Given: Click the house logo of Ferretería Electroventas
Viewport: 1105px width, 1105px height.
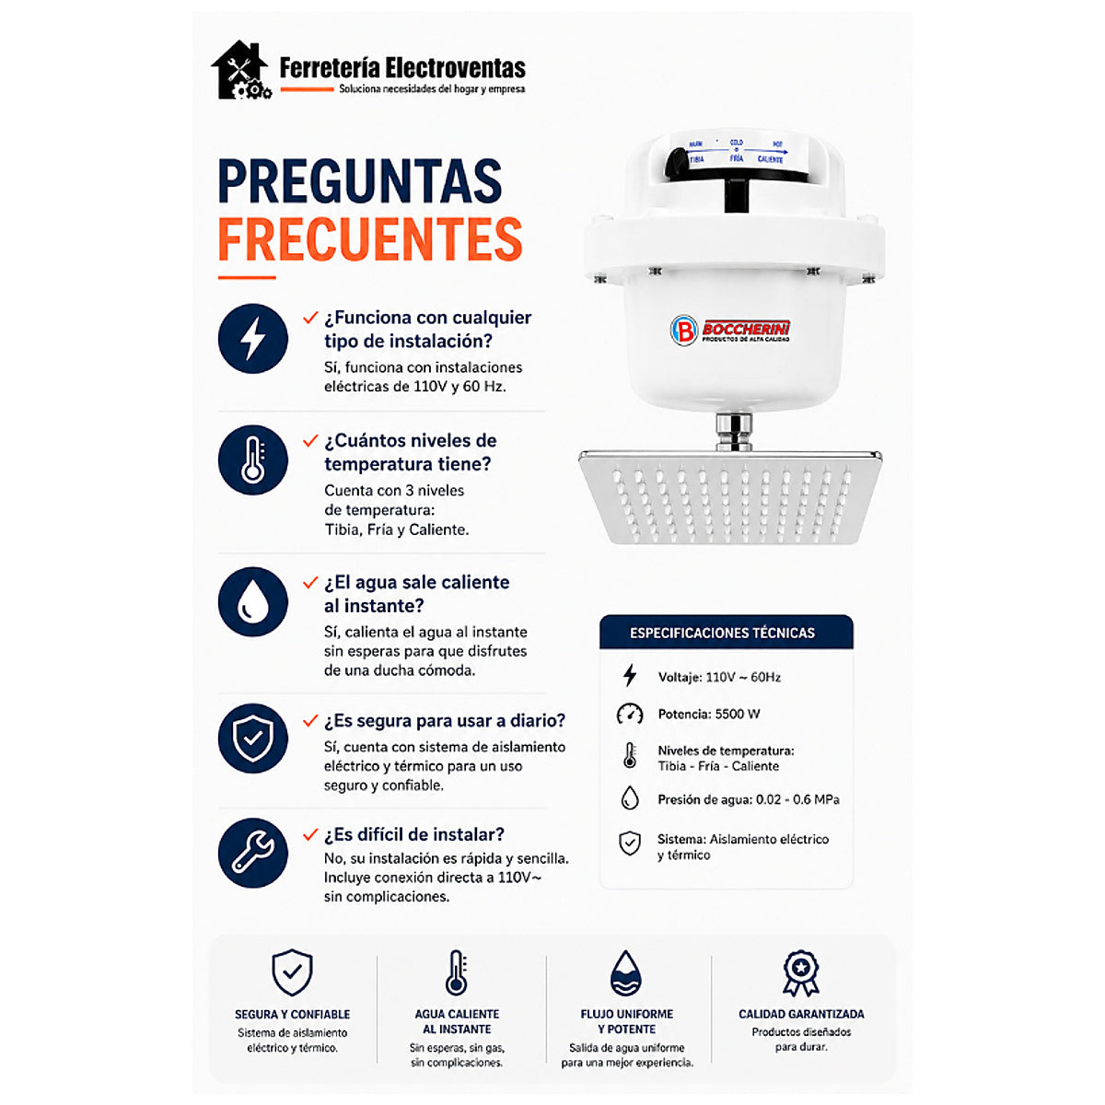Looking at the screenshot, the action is pyautogui.click(x=241, y=70).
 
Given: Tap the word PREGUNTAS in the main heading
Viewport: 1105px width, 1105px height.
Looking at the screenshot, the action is pyautogui.click(x=360, y=180).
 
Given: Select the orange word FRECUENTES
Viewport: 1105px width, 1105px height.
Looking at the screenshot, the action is pyautogui.click(x=370, y=239).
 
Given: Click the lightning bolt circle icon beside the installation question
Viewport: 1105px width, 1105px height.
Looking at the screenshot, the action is pyautogui.click(x=253, y=338).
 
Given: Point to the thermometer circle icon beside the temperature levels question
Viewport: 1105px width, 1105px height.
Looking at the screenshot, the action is pyautogui.click(x=253, y=459).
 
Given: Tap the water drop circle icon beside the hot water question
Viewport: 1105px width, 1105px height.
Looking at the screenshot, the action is pyautogui.click(x=253, y=601).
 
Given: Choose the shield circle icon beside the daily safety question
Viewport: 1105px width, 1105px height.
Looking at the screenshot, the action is pyautogui.click(x=253, y=738).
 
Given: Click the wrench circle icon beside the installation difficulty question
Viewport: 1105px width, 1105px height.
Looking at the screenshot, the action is pyautogui.click(x=253, y=853).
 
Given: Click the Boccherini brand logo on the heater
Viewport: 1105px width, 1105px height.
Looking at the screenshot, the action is pyautogui.click(x=730, y=330).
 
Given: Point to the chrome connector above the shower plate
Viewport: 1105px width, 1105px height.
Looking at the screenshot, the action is pyautogui.click(x=733, y=431).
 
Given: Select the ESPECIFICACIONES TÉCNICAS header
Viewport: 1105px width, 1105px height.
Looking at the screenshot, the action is pyautogui.click(x=726, y=632).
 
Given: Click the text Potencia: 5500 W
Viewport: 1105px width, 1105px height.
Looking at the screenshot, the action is pyautogui.click(x=709, y=714).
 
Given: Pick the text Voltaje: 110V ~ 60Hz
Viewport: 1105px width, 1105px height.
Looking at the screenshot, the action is pyautogui.click(x=719, y=677).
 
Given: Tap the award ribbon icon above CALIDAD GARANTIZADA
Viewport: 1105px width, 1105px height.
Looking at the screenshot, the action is pyautogui.click(x=801, y=973).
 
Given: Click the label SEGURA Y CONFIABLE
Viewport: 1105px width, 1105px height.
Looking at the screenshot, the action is pyautogui.click(x=293, y=1015).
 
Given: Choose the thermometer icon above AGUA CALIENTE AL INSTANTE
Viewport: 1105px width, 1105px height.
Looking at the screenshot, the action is pyautogui.click(x=457, y=972).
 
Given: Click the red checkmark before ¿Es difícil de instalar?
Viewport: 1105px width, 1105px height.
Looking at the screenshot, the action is pyautogui.click(x=310, y=834).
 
